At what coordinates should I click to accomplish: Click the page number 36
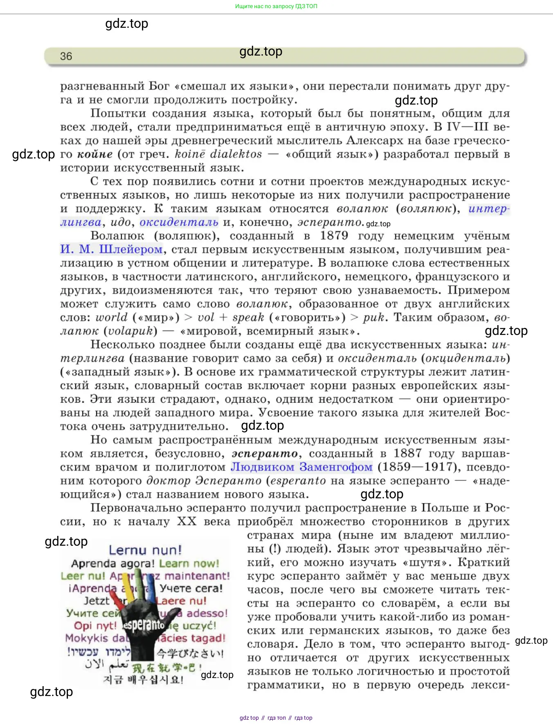[66, 56]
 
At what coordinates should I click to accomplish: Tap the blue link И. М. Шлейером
[111, 249]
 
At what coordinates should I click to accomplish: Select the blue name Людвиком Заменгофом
[301, 467]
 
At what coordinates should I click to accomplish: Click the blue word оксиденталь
[179, 222]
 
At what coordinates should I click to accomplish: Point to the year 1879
[334, 236]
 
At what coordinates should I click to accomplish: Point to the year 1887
[407, 453]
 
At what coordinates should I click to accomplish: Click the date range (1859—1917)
[417, 467]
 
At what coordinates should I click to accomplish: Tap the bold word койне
[95, 154]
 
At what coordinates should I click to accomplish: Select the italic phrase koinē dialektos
[218, 154]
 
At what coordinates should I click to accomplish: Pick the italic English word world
[112, 317]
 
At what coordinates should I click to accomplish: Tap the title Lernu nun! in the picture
[145, 550]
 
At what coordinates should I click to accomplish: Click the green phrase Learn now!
[189, 564]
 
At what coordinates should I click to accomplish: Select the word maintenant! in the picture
[197, 576]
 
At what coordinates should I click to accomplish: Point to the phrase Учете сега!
[191, 589]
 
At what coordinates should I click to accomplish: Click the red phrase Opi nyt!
[95, 626]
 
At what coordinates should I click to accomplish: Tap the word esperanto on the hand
[144, 625]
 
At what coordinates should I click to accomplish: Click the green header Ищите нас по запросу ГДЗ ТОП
[276, 6]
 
